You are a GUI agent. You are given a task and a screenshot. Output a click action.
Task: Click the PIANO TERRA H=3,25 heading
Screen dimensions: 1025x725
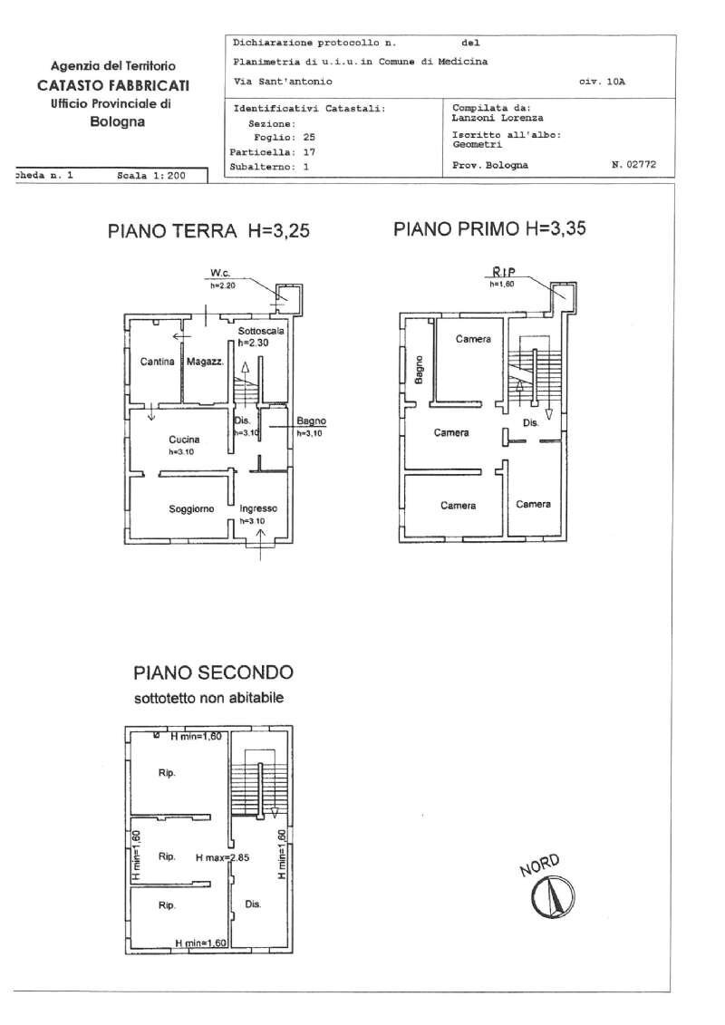click(208, 231)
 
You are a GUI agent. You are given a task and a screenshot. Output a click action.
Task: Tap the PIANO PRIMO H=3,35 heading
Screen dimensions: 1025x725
click(489, 229)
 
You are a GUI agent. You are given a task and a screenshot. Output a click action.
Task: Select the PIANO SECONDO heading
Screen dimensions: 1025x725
click(213, 672)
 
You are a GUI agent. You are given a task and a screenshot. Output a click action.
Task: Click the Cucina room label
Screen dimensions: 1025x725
click(184, 440)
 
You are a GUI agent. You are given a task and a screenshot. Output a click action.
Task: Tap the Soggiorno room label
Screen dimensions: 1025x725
click(191, 509)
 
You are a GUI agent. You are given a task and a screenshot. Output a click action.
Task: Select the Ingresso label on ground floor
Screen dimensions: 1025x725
click(258, 509)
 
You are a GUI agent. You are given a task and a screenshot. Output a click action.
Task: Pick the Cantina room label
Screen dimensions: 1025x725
click(158, 362)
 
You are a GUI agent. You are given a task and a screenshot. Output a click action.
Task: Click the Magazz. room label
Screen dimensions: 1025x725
click(205, 362)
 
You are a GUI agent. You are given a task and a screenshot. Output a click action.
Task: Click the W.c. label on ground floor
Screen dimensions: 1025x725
click(218, 273)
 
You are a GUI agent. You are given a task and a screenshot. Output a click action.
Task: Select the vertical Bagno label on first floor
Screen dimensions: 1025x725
click(419, 369)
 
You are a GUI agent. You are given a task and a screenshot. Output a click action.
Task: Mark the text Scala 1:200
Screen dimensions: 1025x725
click(150, 176)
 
